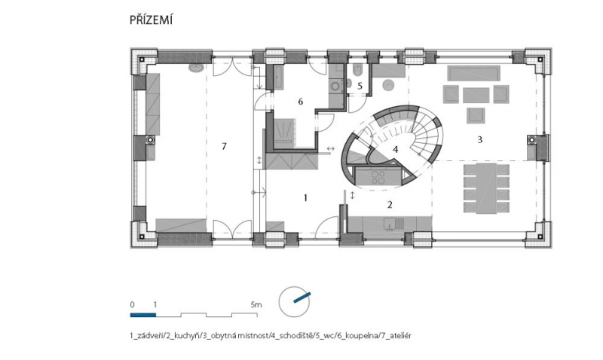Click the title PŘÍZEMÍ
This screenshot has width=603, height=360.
[152, 20]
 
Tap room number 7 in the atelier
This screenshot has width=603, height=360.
[224, 146]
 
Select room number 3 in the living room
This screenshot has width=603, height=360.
[479, 140]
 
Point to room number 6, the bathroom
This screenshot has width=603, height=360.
[300, 102]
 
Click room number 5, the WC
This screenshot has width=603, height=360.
[360, 86]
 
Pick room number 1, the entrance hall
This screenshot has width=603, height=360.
[306, 198]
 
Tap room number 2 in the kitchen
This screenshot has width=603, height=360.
[390, 205]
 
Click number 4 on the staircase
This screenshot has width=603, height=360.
[395, 149]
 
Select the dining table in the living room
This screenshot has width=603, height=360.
[486, 188]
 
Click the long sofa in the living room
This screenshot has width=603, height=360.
[474, 73]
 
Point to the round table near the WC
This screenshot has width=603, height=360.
[389, 85]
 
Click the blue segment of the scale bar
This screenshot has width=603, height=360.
[143, 315]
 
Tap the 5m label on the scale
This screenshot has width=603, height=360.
[256, 305]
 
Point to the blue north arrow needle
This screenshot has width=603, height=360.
[302, 297]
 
